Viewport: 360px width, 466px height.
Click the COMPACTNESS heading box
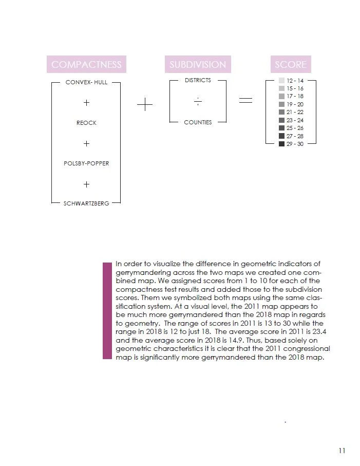86,64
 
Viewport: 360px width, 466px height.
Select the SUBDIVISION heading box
198,64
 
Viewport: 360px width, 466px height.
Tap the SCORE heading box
291,64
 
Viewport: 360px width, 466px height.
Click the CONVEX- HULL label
86,82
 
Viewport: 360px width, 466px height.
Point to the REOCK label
86,123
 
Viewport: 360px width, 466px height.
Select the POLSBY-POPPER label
86,163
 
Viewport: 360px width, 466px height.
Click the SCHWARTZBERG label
86,203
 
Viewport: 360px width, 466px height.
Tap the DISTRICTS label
198,80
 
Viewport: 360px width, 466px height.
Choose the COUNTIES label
198,122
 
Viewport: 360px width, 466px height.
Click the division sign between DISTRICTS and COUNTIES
198,102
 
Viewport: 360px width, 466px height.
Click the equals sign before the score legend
246,101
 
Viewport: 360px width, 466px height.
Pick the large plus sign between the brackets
145,105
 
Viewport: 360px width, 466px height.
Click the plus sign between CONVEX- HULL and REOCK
86,103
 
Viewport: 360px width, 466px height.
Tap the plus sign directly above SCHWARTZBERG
86,184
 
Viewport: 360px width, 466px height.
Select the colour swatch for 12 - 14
281,81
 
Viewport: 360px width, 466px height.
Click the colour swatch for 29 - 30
281,144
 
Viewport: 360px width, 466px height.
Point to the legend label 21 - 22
295,112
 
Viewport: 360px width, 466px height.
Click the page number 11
342,451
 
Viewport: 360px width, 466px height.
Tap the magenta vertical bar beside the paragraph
107,310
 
